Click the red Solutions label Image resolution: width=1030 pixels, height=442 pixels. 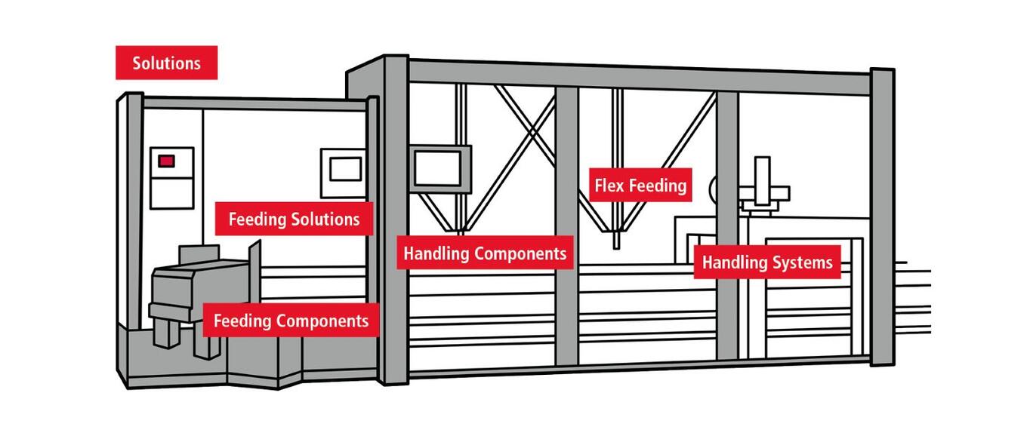pyautogui.click(x=166, y=63)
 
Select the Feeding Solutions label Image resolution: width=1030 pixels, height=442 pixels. pyautogui.click(x=294, y=219)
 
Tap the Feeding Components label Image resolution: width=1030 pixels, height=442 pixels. pyautogui.click(x=291, y=321)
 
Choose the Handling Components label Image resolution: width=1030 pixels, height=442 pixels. pyautogui.click(x=485, y=253)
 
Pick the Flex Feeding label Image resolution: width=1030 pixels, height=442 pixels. pyautogui.click(x=640, y=185)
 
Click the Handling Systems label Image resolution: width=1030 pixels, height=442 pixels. pyautogui.click(x=767, y=262)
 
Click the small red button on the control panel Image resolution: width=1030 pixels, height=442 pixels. pyautogui.click(x=166, y=161)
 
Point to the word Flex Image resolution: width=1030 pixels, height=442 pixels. pyautogui.click(x=610, y=185)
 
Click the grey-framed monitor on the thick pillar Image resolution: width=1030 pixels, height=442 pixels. pyautogui.click(x=441, y=166)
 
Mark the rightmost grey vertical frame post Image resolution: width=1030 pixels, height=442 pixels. pyautogui.click(x=882, y=219)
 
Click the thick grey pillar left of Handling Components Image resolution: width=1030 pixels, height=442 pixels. pyautogui.click(x=395, y=226)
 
